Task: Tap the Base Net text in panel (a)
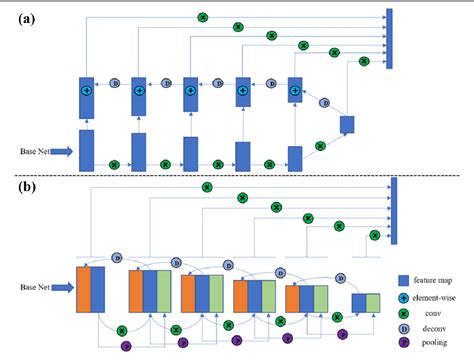pos(37,152)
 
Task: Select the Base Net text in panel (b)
pos(37,288)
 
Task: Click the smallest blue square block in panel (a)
pos(347,124)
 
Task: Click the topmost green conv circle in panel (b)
pos(207,186)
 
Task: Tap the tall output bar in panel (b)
pos(394,211)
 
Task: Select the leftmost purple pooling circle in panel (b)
pos(126,346)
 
